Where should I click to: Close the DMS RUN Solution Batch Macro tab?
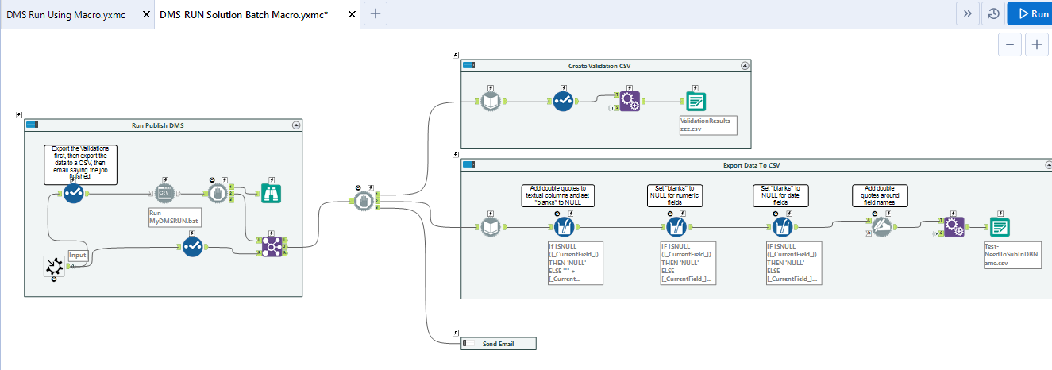(x=350, y=14)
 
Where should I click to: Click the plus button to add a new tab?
(x=376, y=13)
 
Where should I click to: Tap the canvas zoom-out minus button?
(x=1009, y=45)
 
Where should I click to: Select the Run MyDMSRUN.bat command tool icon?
(x=164, y=193)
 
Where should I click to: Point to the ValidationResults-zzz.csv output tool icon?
(x=696, y=101)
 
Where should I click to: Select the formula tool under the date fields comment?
(x=782, y=228)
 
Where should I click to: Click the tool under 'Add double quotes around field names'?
(x=881, y=228)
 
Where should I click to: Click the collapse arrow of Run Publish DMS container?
(x=296, y=125)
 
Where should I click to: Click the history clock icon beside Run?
(x=992, y=13)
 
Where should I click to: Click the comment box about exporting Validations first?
(x=80, y=164)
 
